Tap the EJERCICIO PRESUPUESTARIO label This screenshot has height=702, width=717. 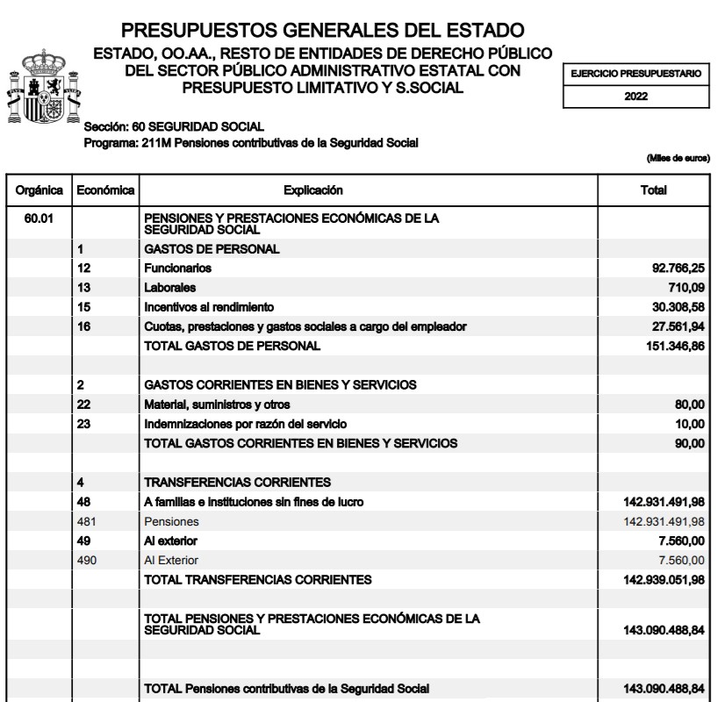[636, 75]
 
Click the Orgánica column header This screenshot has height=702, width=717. [38, 190]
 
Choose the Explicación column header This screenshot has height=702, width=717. [313, 190]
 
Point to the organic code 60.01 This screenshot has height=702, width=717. [38, 218]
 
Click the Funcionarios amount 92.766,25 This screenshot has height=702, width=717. [673, 269]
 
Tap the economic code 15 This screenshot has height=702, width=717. [82, 307]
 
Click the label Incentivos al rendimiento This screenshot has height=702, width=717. [209, 307]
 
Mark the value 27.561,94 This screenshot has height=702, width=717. [673, 326]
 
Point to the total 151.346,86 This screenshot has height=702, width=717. [670, 346]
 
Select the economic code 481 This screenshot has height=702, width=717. [86, 521]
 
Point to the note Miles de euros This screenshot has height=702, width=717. [678, 158]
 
